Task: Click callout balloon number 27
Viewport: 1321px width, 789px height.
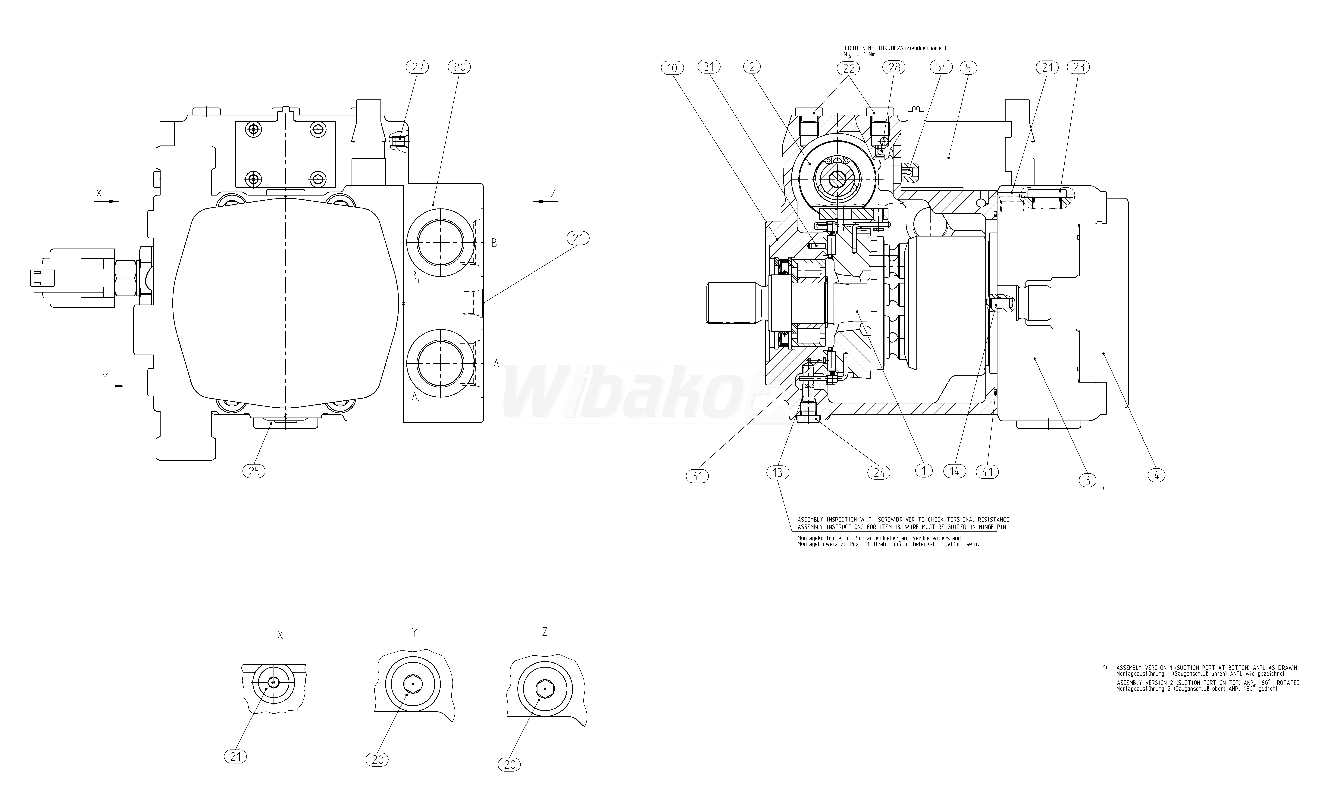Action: (417, 67)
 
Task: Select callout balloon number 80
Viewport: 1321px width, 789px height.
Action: (459, 67)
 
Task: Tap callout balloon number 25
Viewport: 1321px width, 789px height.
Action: (254, 471)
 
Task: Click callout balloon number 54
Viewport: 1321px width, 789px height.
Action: (941, 67)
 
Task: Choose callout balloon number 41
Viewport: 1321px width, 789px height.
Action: (988, 472)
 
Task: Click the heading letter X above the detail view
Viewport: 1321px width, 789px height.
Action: (280, 635)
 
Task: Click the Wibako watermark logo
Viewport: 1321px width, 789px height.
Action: (633, 393)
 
